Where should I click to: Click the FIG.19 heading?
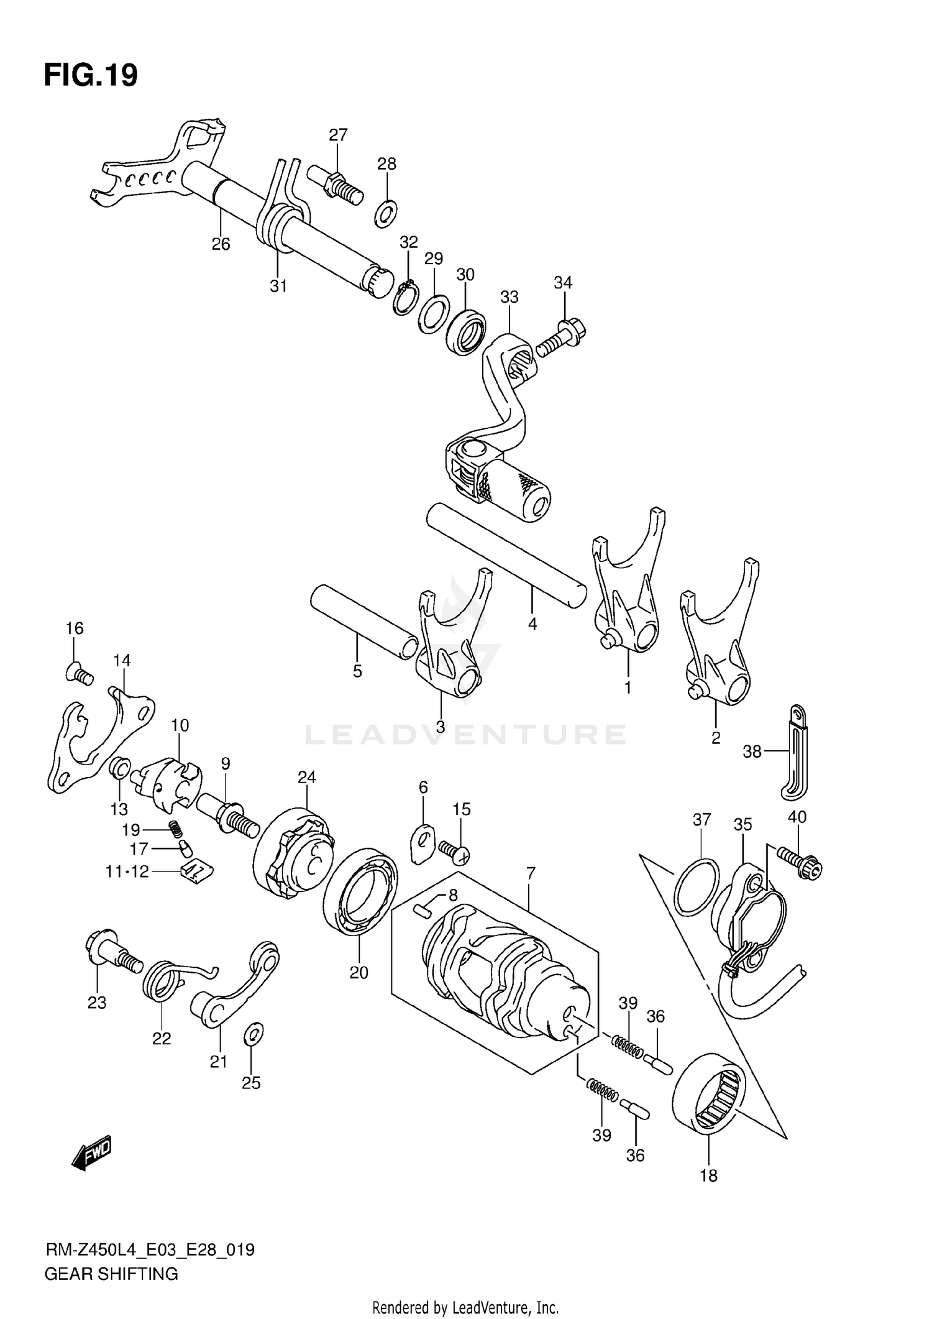[x=91, y=75]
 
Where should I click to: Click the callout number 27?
[x=338, y=135]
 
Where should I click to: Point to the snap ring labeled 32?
[x=404, y=297]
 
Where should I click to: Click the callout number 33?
[x=509, y=297]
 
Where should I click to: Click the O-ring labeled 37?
[x=697, y=886]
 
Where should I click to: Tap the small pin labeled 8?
[x=424, y=911]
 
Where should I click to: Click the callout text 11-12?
[x=127, y=871]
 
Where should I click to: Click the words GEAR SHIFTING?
[x=111, y=1274]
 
